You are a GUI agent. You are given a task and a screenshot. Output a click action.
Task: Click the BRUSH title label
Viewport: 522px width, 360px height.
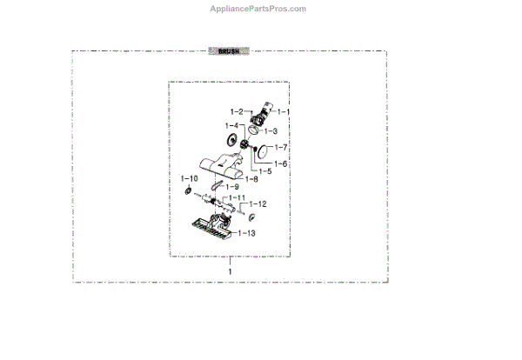pyautogui.click(x=229, y=52)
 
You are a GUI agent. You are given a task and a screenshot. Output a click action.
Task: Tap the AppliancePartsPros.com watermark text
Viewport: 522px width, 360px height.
pyautogui.click(x=258, y=9)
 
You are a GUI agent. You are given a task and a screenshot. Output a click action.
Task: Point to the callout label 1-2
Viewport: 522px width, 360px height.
pyautogui.click(x=238, y=112)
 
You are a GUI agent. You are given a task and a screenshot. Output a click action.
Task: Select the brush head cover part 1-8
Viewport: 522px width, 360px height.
pyautogui.click(x=221, y=162)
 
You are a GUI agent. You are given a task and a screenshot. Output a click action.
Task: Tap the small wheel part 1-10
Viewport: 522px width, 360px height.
pyautogui.click(x=188, y=190)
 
